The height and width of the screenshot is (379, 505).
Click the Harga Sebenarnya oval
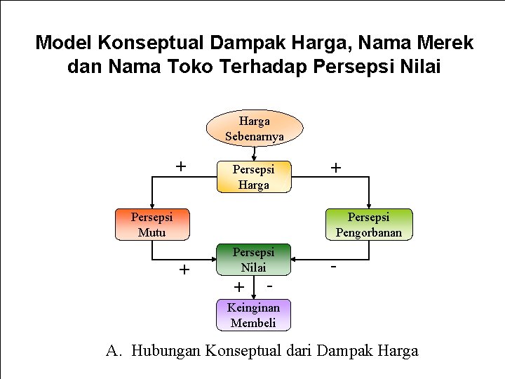254,128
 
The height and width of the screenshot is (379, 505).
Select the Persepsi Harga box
253,177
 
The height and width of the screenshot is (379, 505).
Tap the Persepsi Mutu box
151,225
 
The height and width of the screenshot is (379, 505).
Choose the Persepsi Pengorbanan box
368,225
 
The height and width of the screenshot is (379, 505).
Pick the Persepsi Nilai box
253,260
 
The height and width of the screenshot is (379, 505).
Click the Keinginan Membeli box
253,315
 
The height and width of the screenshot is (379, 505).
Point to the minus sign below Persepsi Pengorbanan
334,268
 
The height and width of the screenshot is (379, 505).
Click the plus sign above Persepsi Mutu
181,166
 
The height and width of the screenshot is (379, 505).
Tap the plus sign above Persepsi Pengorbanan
336,168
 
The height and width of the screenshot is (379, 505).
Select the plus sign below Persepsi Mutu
184,270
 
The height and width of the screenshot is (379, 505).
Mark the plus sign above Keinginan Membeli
238,286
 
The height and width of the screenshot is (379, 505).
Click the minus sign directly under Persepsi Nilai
269,284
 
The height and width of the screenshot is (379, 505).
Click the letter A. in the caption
114,351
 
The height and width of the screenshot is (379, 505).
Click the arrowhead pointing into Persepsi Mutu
151,206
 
